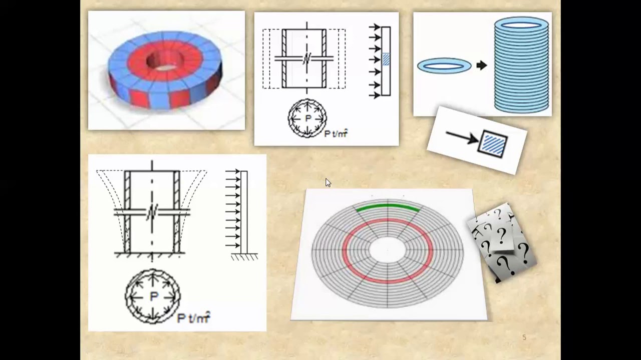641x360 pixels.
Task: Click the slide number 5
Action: click(524, 337)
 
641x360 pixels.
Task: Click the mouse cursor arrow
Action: click(328, 182)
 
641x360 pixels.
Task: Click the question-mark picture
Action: click(502, 242)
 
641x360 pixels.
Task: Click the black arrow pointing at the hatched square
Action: click(462, 137)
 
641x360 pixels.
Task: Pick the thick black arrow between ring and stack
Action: click(481, 65)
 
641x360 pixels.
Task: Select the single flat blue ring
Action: click(444, 65)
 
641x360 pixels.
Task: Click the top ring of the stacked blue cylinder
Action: click(521, 24)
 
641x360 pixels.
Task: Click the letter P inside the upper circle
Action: click(308, 118)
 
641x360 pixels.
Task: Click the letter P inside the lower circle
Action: click(153, 296)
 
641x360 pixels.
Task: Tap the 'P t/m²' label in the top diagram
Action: click(336, 133)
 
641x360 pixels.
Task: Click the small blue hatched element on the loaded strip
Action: click(386, 59)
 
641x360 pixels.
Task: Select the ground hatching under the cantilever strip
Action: click(244, 257)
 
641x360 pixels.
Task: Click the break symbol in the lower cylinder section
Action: click(152, 212)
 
